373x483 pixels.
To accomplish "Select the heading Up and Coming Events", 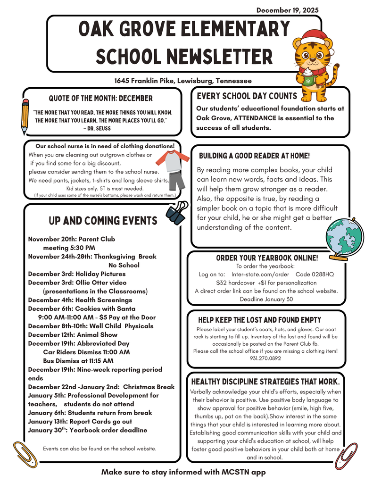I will pos(103,221).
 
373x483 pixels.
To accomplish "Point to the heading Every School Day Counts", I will pos(247,96).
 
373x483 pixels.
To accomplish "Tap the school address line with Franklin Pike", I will pos(183,81).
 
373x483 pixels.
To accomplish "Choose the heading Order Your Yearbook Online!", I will pos(267,258).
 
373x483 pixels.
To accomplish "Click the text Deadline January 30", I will pos(266,299).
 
